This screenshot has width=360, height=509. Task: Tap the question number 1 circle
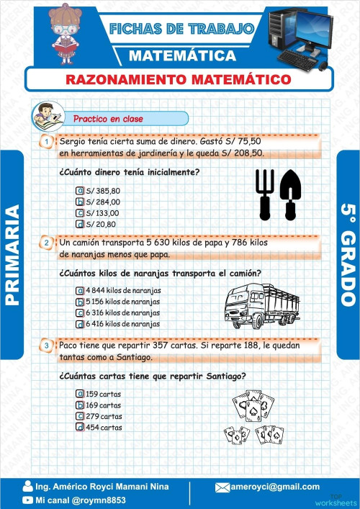coord(46,142)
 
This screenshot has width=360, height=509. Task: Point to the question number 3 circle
coord(46,346)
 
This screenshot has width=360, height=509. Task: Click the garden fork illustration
coord(264,194)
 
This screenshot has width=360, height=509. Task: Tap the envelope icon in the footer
coord(222,487)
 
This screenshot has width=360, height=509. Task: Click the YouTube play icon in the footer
coord(27,499)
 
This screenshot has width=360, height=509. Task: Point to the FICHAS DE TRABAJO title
coord(181,29)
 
